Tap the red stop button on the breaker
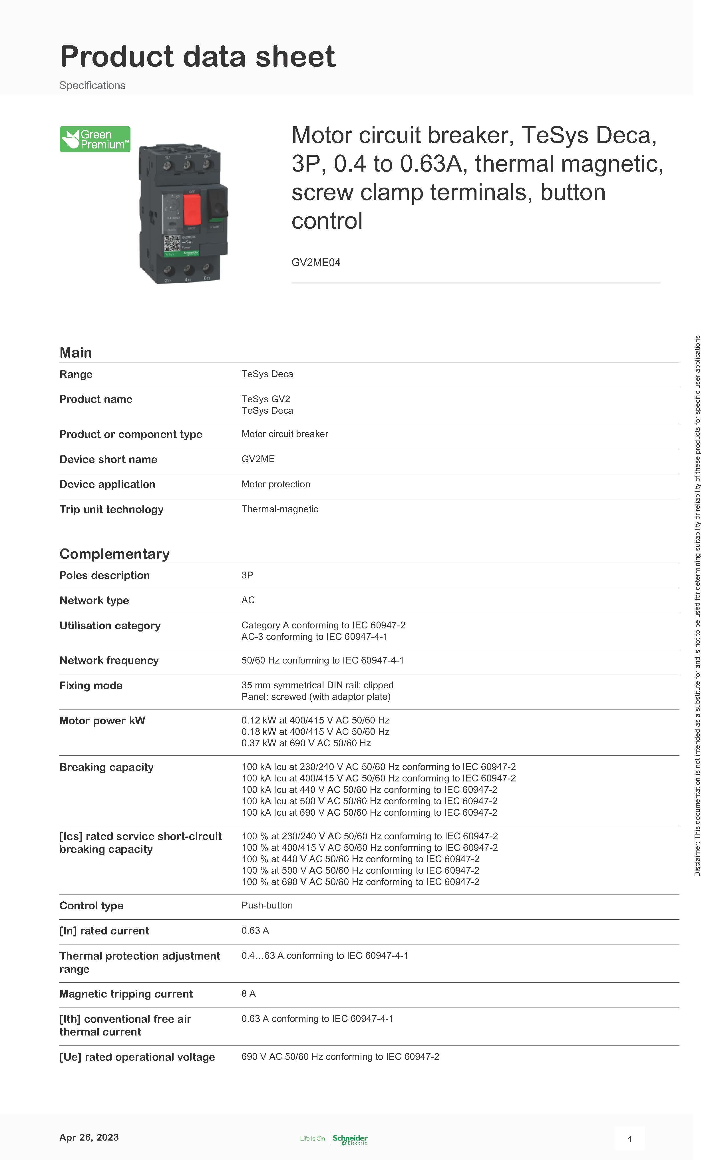click(x=192, y=210)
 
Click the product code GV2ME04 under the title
click(x=315, y=263)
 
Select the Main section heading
click(x=75, y=353)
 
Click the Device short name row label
click(x=108, y=459)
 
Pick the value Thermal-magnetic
click(x=279, y=509)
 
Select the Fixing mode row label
click(x=91, y=685)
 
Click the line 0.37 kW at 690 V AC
click(x=306, y=743)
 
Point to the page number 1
click(x=629, y=1139)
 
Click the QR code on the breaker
click(x=172, y=244)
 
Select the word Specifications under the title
click(x=92, y=85)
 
